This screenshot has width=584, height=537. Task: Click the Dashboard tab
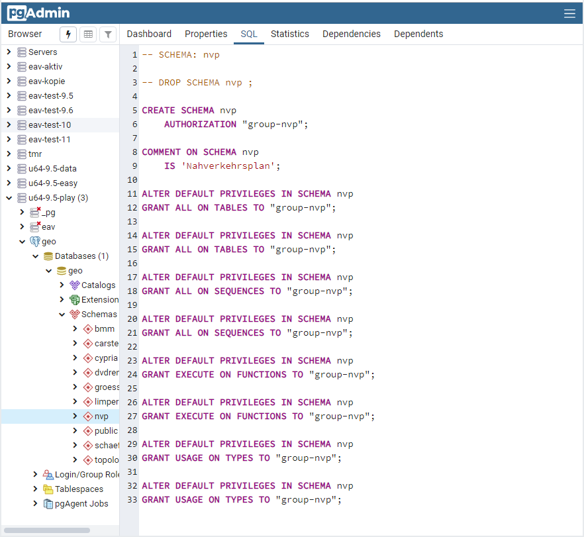149,34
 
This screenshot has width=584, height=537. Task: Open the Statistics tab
289,34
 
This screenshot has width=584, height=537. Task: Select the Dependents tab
418,34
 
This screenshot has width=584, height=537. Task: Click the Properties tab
206,34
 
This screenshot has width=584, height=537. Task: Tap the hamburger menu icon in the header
569,13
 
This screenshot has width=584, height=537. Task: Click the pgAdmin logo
38,13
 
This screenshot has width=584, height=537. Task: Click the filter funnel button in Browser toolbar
108,34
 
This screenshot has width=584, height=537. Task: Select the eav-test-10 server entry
50,125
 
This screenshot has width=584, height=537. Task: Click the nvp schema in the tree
101,416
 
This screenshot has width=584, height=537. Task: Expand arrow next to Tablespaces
35,489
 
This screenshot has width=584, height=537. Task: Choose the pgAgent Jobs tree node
81,504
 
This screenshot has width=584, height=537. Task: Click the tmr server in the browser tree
34,154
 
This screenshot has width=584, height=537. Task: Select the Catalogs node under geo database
98,285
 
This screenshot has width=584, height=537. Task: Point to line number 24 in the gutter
131,375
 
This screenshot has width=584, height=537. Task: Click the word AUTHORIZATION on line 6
200,124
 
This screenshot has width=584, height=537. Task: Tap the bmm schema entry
104,329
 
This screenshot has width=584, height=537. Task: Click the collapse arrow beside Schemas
62,315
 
